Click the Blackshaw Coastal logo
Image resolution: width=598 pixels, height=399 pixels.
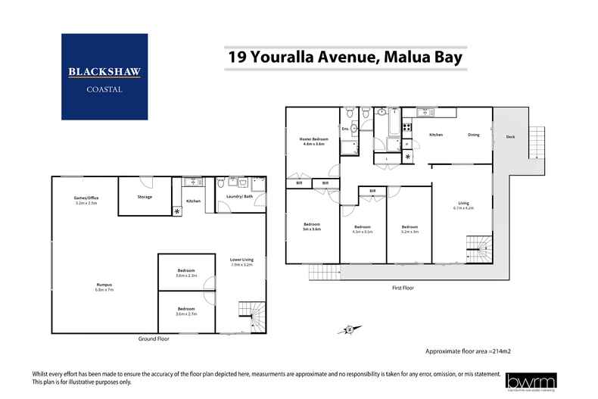105,76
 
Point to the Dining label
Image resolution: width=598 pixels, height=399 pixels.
474,135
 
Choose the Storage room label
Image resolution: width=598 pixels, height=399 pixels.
145,197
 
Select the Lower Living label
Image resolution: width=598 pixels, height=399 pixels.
241,260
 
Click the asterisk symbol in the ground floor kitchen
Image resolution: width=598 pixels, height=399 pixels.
177,211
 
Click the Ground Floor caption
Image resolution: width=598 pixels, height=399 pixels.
154,338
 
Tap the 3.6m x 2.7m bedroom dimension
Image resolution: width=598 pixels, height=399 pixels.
186,313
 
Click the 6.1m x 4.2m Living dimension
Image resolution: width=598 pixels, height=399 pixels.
463,207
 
